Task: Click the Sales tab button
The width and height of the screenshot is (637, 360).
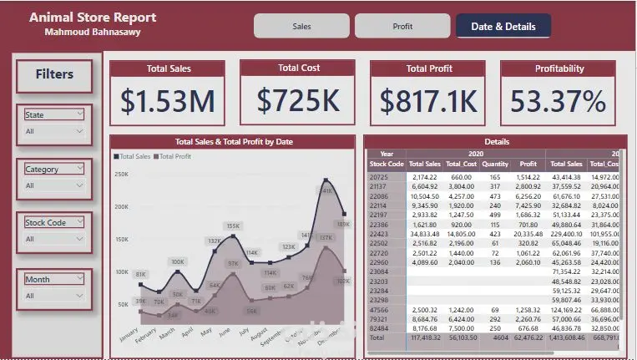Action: (x=301, y=26)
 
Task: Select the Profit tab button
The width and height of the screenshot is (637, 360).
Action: (x=402, y=26)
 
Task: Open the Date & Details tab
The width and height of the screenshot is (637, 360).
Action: (x=503, y=26)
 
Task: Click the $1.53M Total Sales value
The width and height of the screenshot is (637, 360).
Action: (x=168, y=101)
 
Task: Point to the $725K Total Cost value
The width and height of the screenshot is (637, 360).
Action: (x=298, y=100)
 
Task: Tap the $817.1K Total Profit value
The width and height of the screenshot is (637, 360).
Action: (x=429, y=101)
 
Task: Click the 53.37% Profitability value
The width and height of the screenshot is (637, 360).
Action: (x=559, y=101)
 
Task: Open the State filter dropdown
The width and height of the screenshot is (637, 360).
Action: (x=54, y=131)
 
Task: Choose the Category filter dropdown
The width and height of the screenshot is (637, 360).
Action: (x=54, y=185)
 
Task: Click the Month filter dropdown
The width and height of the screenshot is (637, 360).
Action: (x=54, y=296)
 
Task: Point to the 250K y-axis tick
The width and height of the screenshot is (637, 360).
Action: (x=121, y=175)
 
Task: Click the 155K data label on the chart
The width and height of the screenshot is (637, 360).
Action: (x=233, y=226)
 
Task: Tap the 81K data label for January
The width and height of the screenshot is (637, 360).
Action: (x=140, y=274)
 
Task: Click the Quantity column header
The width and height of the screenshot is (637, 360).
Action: (x=494, y=165)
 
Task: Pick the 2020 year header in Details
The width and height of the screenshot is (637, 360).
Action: (x=476, y=154)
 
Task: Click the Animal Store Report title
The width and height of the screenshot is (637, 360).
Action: (x=93, y=18)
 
